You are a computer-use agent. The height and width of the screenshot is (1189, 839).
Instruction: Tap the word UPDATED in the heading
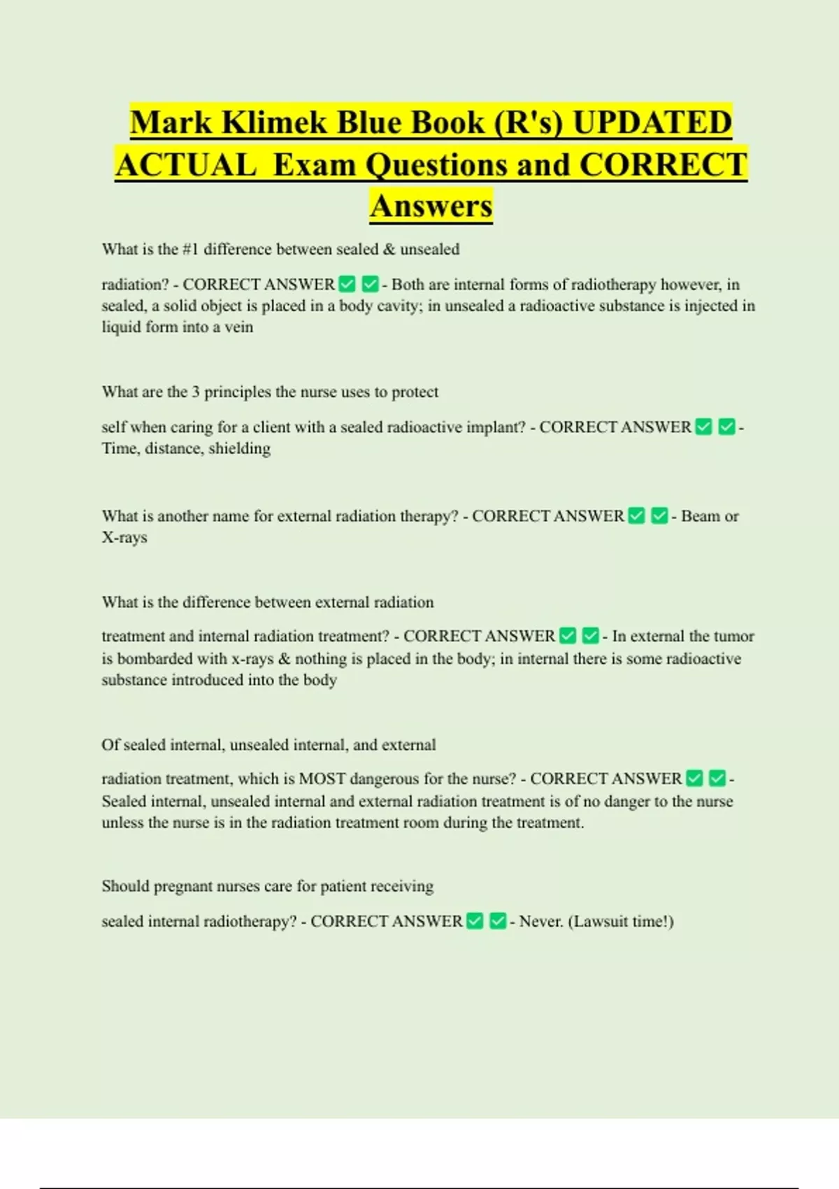[x=652, y=122]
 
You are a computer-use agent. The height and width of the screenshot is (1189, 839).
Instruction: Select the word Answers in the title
[x=431, y=206]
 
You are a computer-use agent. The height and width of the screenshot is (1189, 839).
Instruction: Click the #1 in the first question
[x=190, y=249]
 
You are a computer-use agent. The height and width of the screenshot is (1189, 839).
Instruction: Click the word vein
[x=238, y=327]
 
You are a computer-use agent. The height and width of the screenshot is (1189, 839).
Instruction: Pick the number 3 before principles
[x=196, y=392]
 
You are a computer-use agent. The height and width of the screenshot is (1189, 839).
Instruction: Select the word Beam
[x=700, y=516]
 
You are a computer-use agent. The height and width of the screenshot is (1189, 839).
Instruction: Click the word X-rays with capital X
[x=124, y=537]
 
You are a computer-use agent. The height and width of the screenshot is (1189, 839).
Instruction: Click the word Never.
[x=540, y=921]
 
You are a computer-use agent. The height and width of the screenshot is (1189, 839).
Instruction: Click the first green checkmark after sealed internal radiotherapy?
[x=475, y=921]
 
